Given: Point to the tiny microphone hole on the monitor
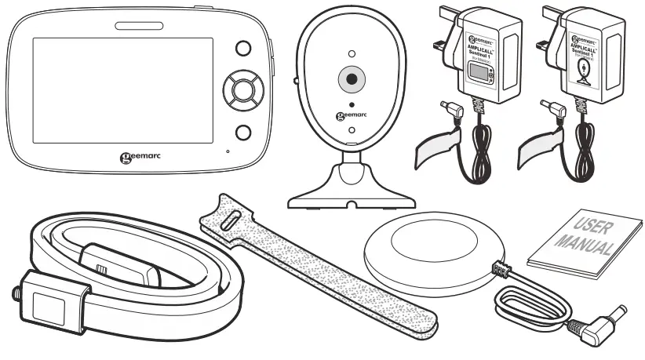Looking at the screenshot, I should click(x=228, y=150).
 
